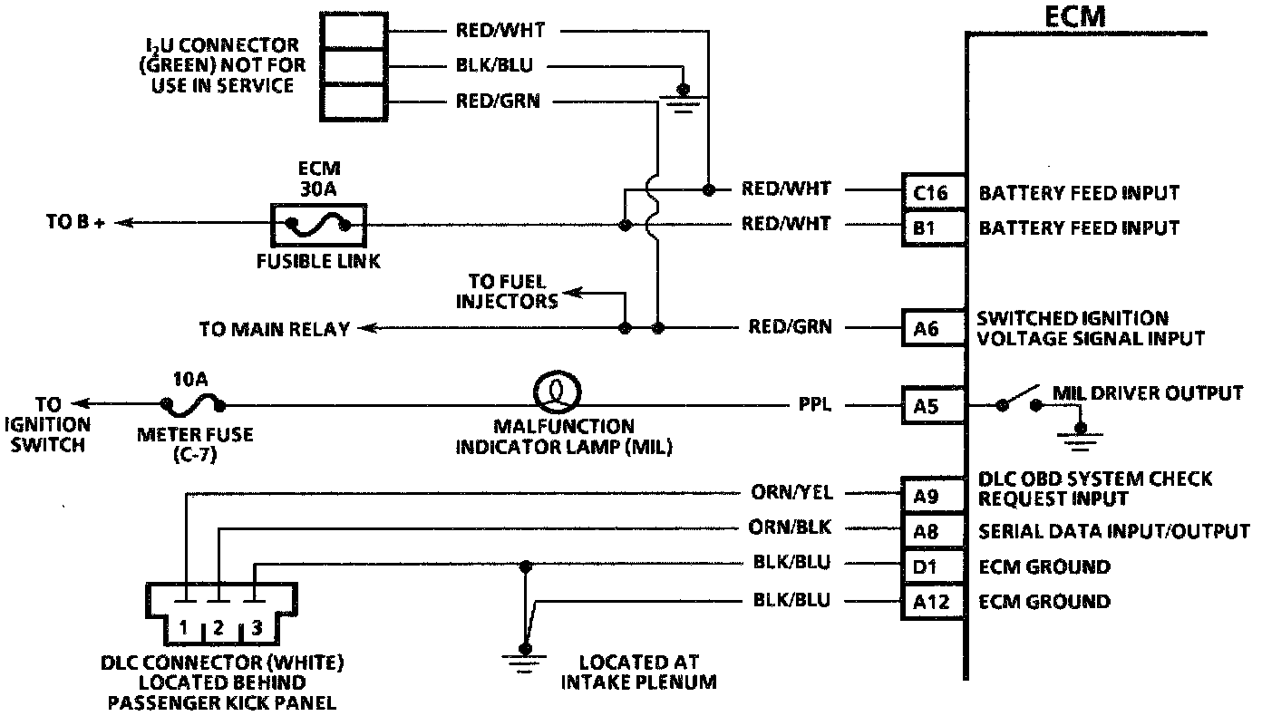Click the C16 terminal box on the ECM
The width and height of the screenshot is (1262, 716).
coord(932,192)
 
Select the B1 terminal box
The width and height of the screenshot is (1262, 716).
coord(932,227)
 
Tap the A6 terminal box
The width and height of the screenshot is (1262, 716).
coord(932,328)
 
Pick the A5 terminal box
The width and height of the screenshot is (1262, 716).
coord(932,406)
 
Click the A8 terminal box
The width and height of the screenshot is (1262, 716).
coord(932,529)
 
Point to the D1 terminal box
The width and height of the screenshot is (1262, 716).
coord(932,566)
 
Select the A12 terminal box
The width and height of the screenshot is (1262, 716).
coord(932,601)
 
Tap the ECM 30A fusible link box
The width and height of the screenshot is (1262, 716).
coord(318,225)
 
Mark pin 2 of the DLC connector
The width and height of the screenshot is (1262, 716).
coord(218,627)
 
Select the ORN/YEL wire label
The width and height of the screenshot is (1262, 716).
coord(791,494)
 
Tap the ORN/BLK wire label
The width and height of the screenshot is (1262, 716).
coord(791,528)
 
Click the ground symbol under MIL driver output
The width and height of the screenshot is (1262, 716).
coord(1080,438)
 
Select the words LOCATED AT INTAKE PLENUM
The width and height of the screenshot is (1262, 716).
coord(638,672)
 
